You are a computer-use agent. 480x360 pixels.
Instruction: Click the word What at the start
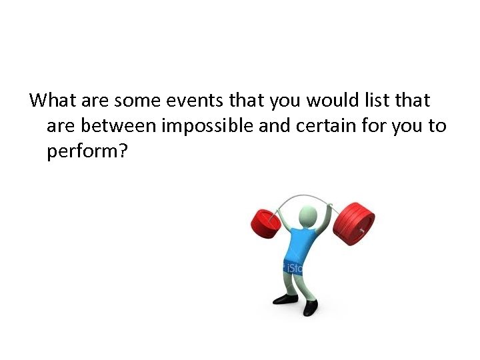(x=53, y=101)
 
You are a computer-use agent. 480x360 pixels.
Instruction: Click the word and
(x=273, y=126)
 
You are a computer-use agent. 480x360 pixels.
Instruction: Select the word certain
(x=324, y=126)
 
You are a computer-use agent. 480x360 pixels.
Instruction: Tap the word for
(x=373, y=126)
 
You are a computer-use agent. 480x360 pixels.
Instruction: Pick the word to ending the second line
(x=437, y=126)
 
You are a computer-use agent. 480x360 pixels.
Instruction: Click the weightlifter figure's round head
(x=307, y=216)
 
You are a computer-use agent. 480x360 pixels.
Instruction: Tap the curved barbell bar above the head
(x=307, y=197)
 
